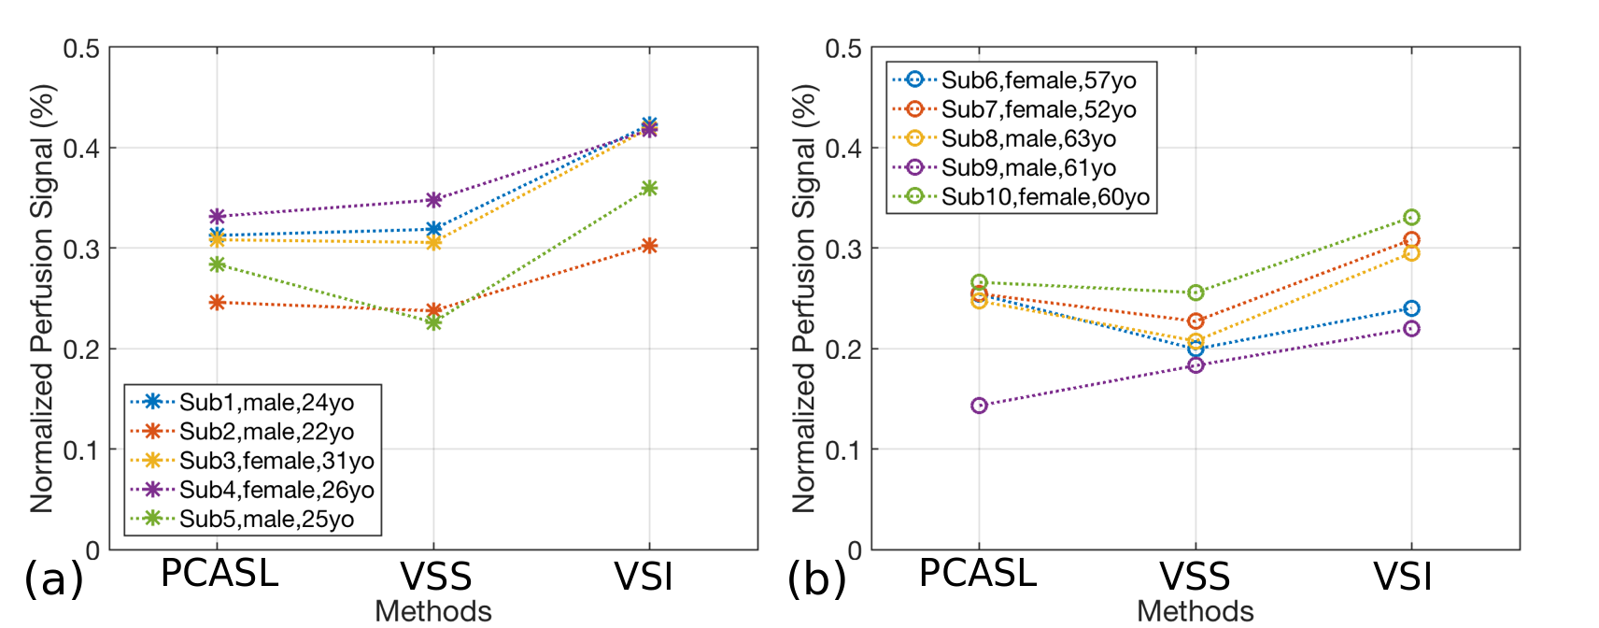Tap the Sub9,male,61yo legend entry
[1028, 168]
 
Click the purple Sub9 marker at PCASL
[979, 406]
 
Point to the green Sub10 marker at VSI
[1411, 218]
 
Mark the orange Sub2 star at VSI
[650, 246]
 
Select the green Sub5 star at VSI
[650, 189]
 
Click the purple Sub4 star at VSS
[433, 200]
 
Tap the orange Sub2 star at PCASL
[218, 303]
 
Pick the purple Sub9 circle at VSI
[1411, 329]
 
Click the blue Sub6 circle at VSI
[1411, 308]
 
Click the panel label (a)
[53, 579]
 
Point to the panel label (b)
[816, 579]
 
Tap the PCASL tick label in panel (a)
[219, 574]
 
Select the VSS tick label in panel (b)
[1195, 578]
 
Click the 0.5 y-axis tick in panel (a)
[81, 49]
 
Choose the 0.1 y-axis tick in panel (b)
[843, 450]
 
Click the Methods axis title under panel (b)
[1195, 611]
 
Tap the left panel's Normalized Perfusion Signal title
[42, 299]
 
